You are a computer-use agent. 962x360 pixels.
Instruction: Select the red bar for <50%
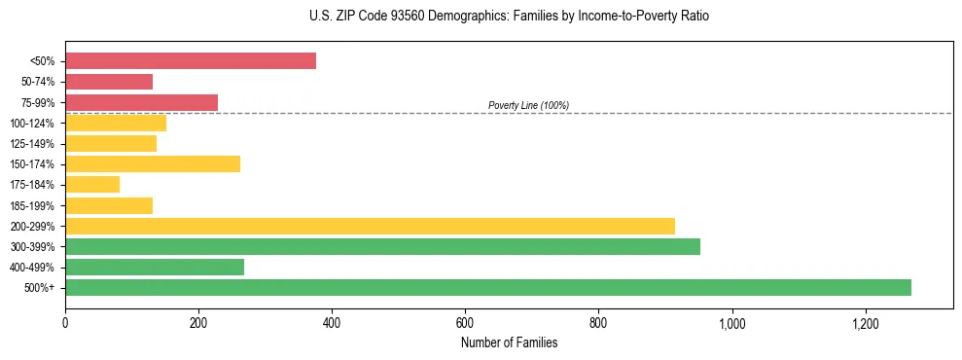[191, 60]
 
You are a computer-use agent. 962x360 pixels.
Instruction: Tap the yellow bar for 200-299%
[370, 226]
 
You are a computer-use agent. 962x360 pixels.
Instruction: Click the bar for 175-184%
[92, 185]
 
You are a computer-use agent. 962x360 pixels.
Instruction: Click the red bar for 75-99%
[141, 102]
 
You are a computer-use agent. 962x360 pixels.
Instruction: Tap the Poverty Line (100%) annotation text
[528, 105]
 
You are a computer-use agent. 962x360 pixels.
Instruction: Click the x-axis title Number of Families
[509, 342]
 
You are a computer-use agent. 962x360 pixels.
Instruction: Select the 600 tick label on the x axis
[465, 323]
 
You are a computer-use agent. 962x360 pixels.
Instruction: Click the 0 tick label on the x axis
[65, 323]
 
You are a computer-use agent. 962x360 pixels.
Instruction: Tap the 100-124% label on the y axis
[32, 124]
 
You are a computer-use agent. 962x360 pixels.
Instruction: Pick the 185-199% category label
[32, 206]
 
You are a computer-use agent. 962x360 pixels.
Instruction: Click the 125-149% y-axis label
[32, 144]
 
